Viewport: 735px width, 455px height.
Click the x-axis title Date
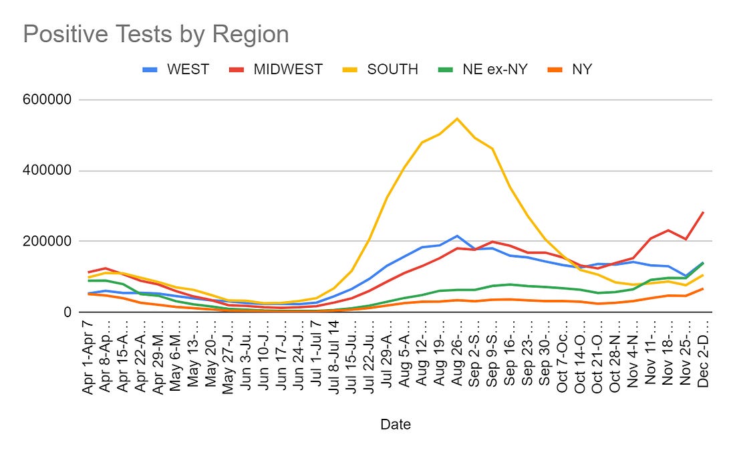[396, 424]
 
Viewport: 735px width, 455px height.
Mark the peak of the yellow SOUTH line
[457, 119]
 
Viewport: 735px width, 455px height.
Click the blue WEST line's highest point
[457, 236]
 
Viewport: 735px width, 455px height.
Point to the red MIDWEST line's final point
[703, 212]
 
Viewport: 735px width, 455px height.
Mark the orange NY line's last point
[703, 288]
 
